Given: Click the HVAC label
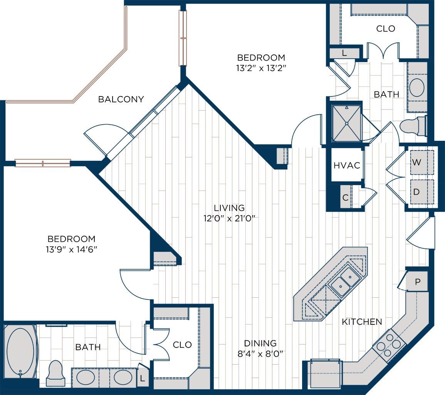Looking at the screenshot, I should (x=347, y=165).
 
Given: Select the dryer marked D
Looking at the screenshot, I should (x=421, y=191).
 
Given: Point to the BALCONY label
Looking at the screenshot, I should (x=121, y=100).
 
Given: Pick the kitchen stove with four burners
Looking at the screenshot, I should (x=389, y=343).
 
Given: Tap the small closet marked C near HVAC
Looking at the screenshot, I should (x=346, y=197).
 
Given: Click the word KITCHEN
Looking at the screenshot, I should (x=362, y=322).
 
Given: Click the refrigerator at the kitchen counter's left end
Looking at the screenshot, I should (x=326, y=373).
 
